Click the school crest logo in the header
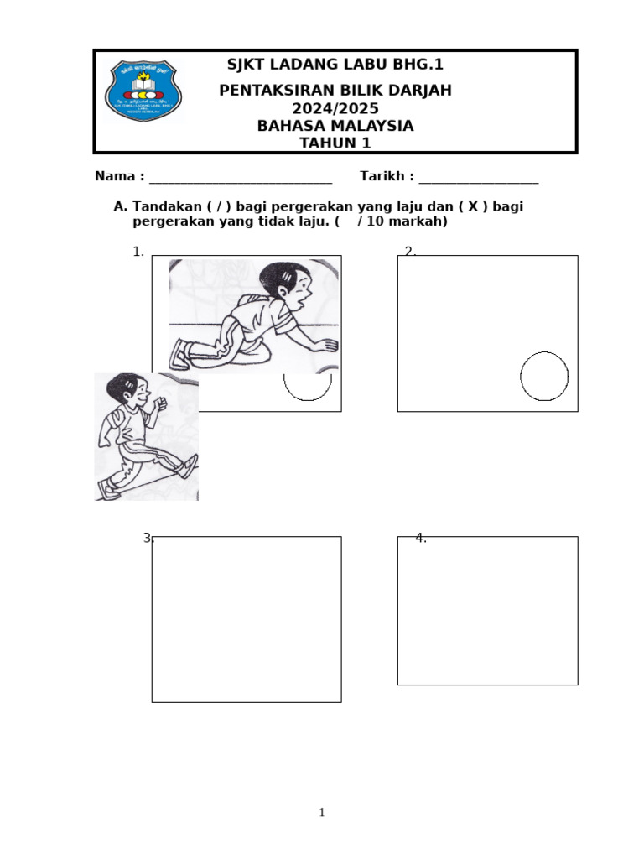pyautogui.click(x=142, y=91)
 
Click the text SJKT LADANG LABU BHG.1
pyautogui.click(x=335, y=65)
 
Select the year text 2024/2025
pyautogui.click(x=335, y=109)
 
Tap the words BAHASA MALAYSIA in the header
pyautogui.click(x=335, y=126)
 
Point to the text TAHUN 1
pyautogui.click(x=335, y=143)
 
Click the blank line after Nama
pyautogui.click(x=240, y=178)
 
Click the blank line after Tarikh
pyautogui.click(x=478, y=178)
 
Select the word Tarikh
pyautogui.click(x=383, y=176)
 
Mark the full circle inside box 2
pyautogui.click(x=544, y=377)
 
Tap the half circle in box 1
pyautogui.click(x=308, y=386)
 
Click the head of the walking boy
pyautogui.click(x=127, y=391)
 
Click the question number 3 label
pyautogui.click(x=148, y=538)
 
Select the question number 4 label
pyautogui.click(x=421, y=538)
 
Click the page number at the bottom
pyautogui.click(x=322, y=812)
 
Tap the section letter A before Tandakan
pyautogui.click(x=120, y=206)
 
